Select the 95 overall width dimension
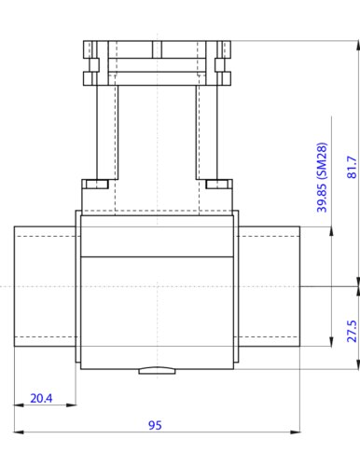tap(156, 425)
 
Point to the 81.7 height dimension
tap(352, 166)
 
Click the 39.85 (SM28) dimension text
tap(323, 177)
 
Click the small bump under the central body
tap(156, 370)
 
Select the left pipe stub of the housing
tap(45, 286)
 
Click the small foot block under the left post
tap(94, 183)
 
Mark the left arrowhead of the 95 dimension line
tap(18, 432)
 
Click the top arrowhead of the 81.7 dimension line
tap(359, 46)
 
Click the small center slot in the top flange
tap(156, 47)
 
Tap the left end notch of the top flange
tap(90, 64)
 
